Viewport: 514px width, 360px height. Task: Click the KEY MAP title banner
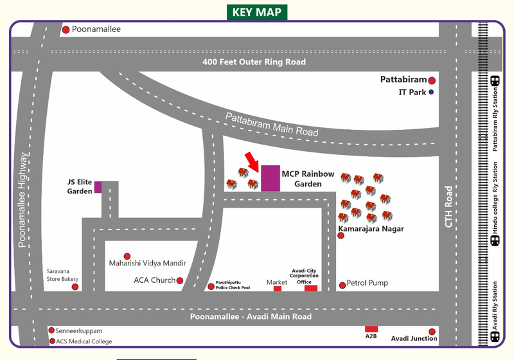coord(256,12)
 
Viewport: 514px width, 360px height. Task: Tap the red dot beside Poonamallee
coord(66,30)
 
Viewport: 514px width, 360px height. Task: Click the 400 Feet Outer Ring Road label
coord(253,62)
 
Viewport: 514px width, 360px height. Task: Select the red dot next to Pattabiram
coord(432,80)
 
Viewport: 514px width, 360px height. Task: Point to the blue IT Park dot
coord(432,93)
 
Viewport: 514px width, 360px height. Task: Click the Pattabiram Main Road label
coord(272,124)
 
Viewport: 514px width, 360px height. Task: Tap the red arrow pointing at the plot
coord(251,161)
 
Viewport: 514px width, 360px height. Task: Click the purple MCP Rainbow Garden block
coord(270,178)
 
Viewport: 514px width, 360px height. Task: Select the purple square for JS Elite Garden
coord(98,187)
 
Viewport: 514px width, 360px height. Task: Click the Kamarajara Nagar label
coord(371,228)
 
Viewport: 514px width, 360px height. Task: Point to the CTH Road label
coord(449,206)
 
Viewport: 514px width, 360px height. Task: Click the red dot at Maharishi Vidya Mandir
coord(127,256)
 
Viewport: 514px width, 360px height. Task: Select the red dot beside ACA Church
coord(180,280)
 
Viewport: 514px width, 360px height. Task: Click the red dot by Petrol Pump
coord(342,285)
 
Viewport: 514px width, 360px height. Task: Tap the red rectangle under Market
coord(278,289)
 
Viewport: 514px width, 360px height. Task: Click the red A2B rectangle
coord(371,329)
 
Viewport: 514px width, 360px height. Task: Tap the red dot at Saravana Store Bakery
coord(75,287)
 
